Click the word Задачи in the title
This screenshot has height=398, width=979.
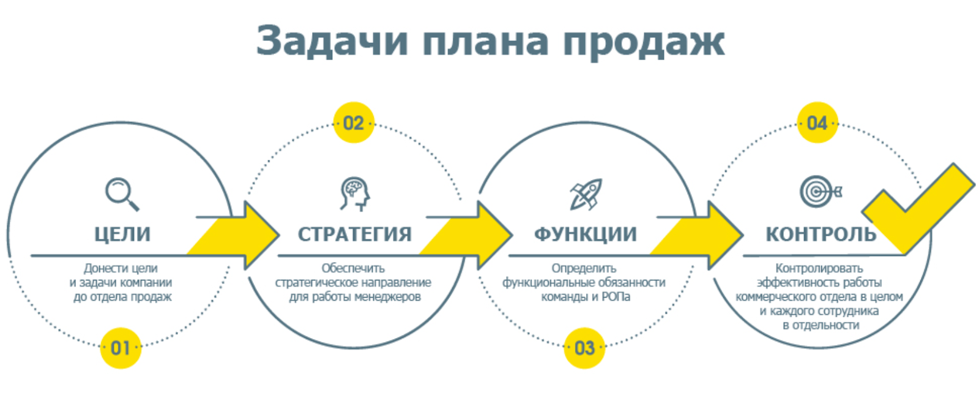(x=332, y=42)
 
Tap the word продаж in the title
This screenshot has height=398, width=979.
(x=644, y=43)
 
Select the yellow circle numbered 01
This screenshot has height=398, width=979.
(x=121, y=348)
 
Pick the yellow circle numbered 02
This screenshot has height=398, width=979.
(x=354, y=122)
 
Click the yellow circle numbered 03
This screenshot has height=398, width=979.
(x=584, y=348)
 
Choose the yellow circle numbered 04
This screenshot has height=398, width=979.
(x=817, y=122)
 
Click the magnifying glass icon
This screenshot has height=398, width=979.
(x=122, y=194)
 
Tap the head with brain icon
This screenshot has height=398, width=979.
(x=355, y=193)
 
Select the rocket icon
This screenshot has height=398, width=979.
(x=586, y=193)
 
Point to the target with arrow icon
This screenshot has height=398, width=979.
(x=821, y=192)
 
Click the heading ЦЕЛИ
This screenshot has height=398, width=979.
(x=122, y=234)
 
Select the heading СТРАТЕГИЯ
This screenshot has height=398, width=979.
(x=354, y=234)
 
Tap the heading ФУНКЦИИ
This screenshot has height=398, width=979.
(x=586, y=234)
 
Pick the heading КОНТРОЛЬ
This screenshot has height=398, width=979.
(x=821, y=234)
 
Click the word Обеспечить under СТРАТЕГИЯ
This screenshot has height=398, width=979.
(x=353, y=268)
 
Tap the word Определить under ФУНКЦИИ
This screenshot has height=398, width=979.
(x=584, y=268)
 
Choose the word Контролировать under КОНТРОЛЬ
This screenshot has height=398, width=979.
(x=819, y=268)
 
